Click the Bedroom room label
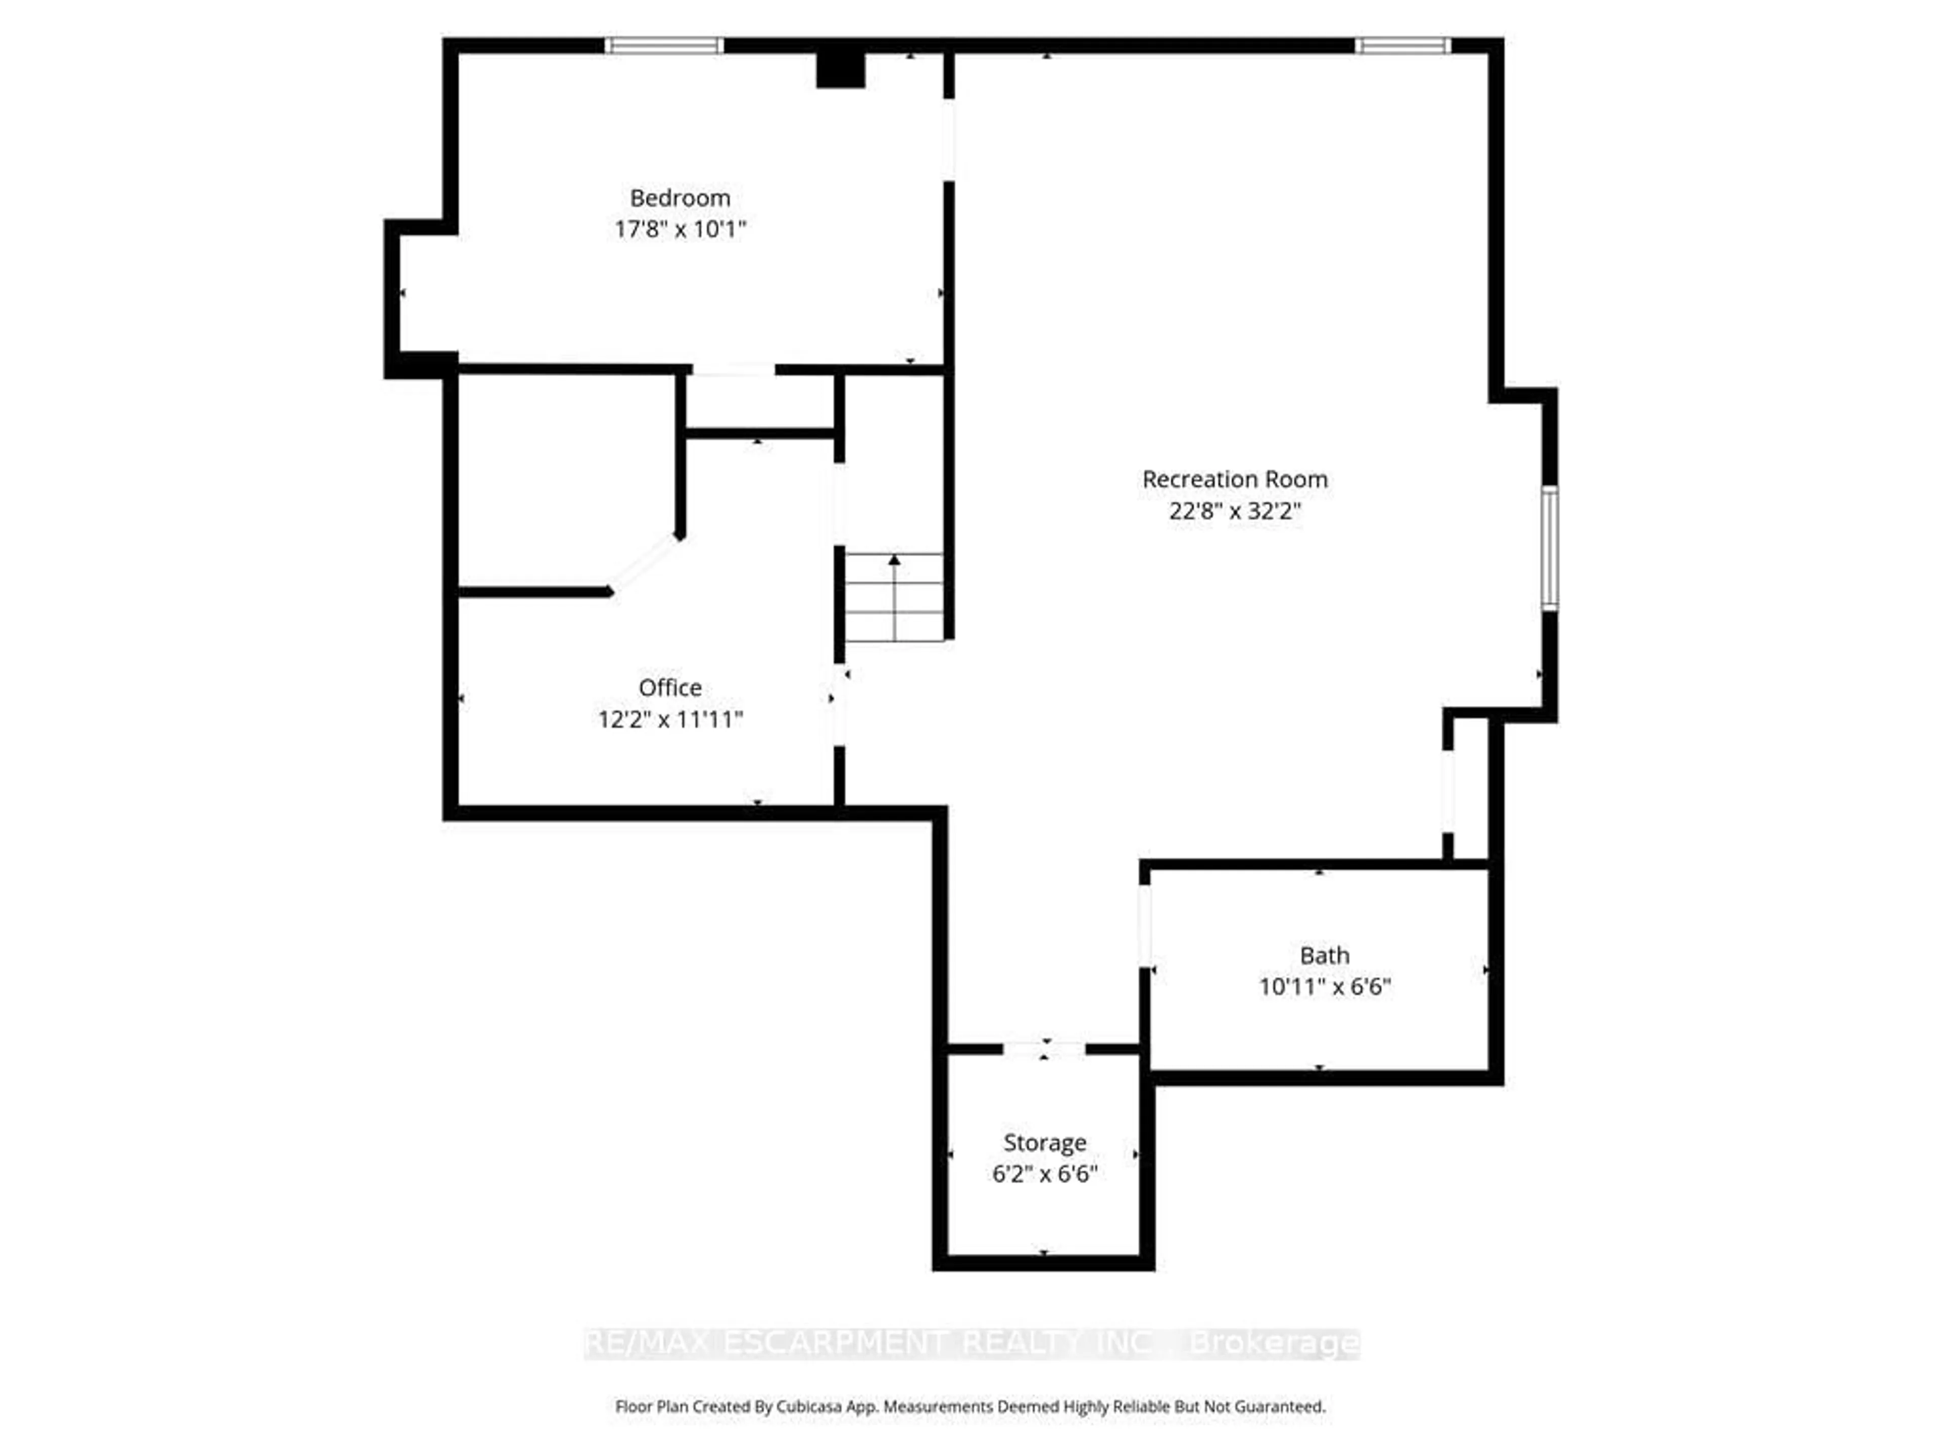pos(680,198)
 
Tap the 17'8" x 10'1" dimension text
pos(680,230)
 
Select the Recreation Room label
pos(1234,480)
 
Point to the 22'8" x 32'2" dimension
pos(1234,511)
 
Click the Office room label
pos(670,688)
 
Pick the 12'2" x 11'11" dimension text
pos(670,720)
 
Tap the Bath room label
pos(1324,955)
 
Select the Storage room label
pos(1045,1143)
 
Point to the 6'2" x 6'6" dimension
pos(1045,1174)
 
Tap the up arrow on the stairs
pos(894,560)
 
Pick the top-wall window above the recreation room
pos(1401,45)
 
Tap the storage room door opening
pos(1044,1049)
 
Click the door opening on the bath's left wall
pos(1144,926)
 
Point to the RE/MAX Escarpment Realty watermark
pos(971,1343)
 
